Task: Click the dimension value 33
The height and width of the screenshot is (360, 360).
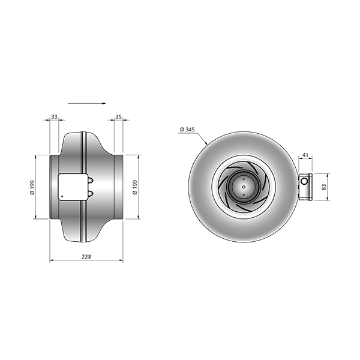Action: coord(54,117)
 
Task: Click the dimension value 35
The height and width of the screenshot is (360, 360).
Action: coord(118,117)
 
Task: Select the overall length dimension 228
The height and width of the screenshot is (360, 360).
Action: coord(86,256)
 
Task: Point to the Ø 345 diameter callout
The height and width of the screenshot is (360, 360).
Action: coord(187,130)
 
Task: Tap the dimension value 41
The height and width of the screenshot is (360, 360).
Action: coord(305,155)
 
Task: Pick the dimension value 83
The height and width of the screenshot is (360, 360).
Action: coord(324,187)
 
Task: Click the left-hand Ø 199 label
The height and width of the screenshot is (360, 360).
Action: coord(32,187)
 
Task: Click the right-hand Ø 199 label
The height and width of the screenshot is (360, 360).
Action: coord(135,187)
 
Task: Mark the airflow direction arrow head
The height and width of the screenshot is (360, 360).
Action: coord(104,104)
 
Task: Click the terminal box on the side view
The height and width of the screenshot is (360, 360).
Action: coord(73,187)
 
